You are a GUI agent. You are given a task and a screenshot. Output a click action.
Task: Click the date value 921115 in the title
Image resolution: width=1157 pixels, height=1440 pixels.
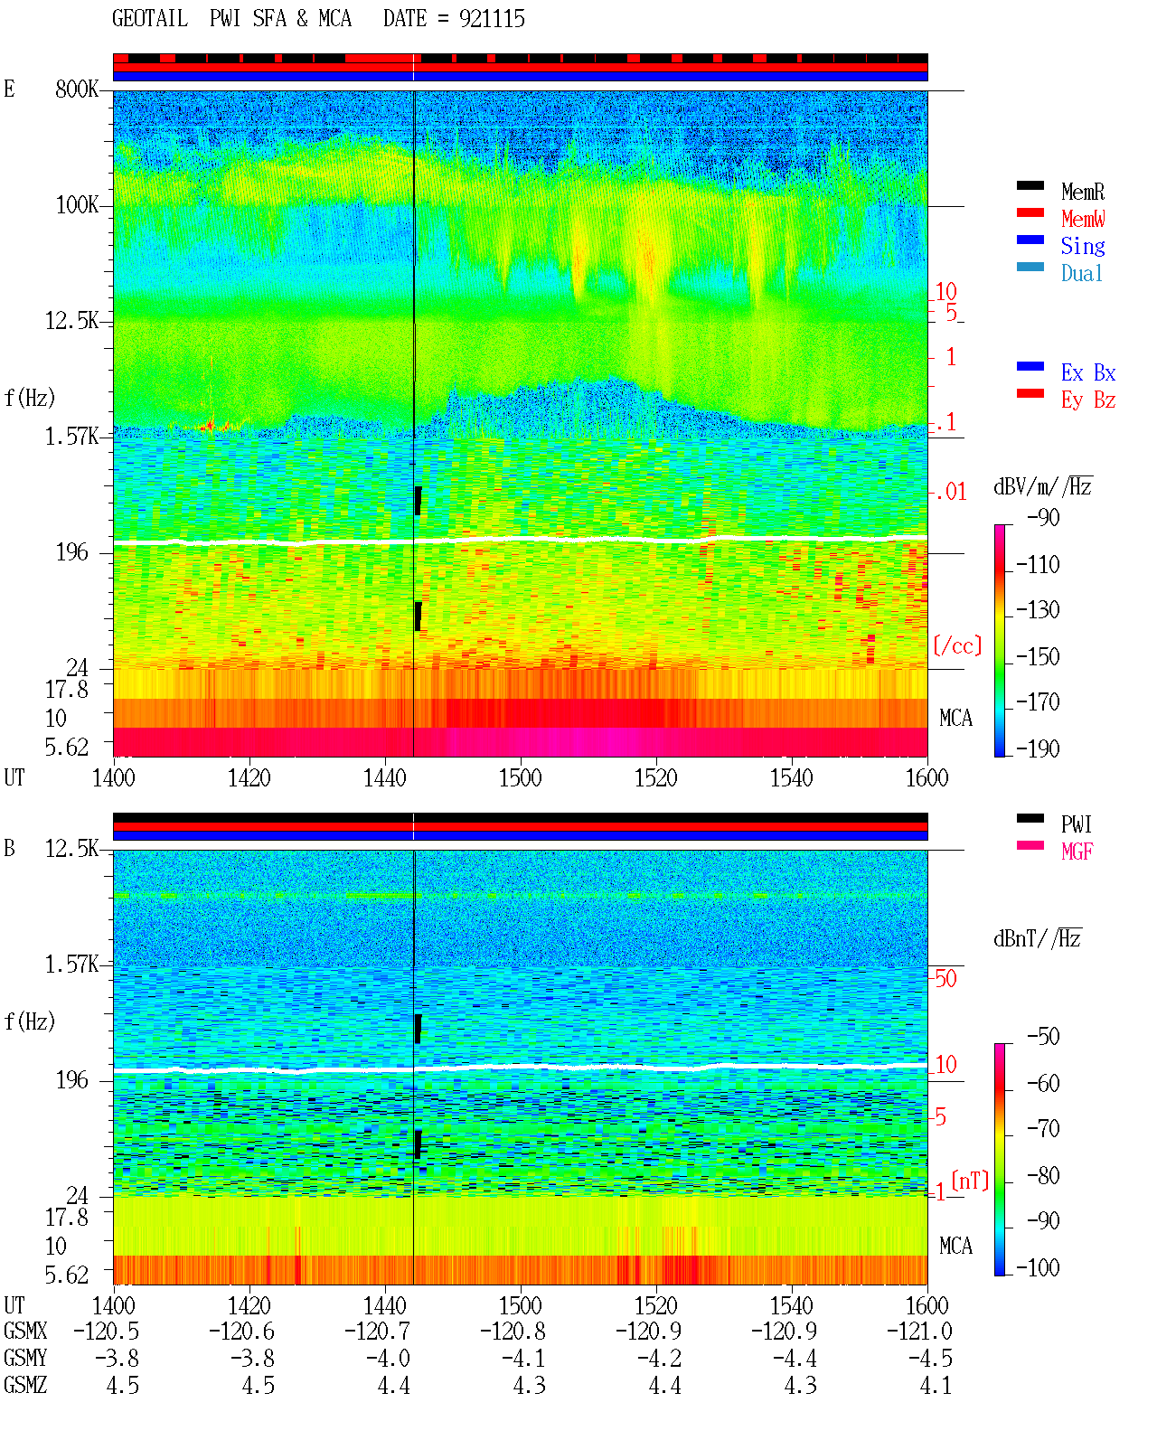[x=491, y=19]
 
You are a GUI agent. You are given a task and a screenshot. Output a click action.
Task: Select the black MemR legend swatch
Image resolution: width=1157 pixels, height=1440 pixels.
[x=1030, y=185]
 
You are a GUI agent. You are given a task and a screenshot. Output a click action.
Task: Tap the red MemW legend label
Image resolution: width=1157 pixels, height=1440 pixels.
[x=1083, y=219]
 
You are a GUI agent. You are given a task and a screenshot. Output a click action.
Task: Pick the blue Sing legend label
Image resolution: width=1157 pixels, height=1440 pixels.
[x=1082, y=246]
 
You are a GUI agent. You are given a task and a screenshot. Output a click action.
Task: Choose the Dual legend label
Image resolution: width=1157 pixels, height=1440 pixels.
[x=1081, y=273]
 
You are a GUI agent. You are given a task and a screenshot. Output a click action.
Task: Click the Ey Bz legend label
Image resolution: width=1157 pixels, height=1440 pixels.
[x=1087, y=400]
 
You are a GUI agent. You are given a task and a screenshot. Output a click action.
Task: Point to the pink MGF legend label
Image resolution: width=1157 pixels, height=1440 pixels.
[x=1077, y=852]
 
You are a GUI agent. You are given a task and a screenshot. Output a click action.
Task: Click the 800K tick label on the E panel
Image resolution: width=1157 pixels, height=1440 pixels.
[x=77, y=89]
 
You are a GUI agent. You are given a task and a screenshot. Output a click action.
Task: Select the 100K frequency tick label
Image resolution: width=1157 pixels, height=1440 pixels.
[x=77, y=205]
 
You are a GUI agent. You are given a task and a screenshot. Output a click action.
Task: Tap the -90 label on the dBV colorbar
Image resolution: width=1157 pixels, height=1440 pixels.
[x=1043, y=517]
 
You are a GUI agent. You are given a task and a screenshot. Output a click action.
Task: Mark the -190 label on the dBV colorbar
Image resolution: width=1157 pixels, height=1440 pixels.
[x=1038, y=748]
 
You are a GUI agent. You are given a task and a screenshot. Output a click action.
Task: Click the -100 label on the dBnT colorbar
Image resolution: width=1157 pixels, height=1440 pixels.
[x=1038, y=1267]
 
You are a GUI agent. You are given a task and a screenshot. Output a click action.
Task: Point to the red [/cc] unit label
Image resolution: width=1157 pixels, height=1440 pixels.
[x=957, y=645]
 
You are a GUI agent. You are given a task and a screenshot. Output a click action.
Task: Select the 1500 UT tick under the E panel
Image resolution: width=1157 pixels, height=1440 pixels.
[x=520, y=778]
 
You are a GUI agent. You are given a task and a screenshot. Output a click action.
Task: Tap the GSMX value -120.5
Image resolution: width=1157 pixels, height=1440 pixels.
[x=107, y=1332]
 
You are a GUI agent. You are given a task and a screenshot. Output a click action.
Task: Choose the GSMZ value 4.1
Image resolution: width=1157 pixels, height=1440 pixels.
[x=936, y=1385]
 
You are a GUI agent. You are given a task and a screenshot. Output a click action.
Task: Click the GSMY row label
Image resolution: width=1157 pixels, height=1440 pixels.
[x=25, y=1359]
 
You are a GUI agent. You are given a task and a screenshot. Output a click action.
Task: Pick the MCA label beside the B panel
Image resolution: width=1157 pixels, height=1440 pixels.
[x=955, y=1246]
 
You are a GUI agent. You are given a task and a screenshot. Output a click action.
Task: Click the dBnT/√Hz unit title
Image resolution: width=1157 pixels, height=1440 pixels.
[x=1038, y=939]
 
